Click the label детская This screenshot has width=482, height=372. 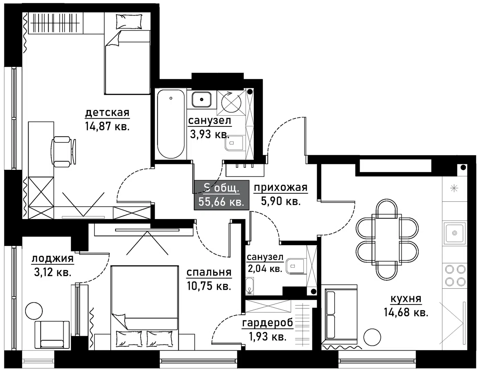point(107,113)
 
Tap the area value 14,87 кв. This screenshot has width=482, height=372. point(107,126)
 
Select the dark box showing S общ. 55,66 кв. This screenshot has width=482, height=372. point(221,195)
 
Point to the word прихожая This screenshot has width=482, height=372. point(281,188)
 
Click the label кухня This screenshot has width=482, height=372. point(406,299)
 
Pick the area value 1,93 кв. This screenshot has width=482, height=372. point(267,337)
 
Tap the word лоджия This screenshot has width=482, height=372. point(53,259)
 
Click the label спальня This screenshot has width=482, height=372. point(209,272)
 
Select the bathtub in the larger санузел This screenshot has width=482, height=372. point(171,124)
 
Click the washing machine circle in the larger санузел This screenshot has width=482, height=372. point(231,102)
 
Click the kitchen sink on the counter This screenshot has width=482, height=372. point(454,233)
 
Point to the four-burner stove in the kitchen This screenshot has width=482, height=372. point(454,276)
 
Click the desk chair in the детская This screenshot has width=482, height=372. point(64,151)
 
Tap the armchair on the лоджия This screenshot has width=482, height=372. point(52,334)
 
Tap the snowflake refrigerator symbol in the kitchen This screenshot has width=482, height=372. point(454,188)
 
